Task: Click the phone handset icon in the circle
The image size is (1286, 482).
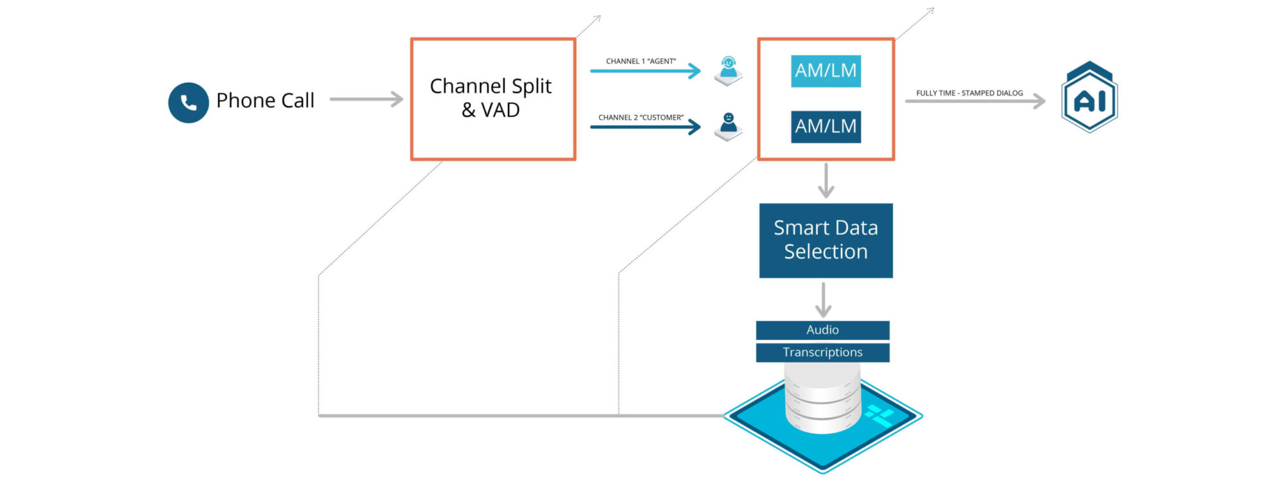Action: (188, 103)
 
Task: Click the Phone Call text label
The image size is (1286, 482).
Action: (265, 100)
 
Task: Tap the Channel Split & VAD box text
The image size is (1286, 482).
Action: (491, 98)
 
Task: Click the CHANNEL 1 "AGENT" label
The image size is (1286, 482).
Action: (640, 61)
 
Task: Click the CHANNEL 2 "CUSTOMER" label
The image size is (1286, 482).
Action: (640, 118)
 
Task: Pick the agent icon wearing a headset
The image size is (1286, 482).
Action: (728, 69)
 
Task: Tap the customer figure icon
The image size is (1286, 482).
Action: (728, 125)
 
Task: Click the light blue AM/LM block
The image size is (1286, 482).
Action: (826, 71)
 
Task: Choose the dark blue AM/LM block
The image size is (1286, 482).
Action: (826, 127)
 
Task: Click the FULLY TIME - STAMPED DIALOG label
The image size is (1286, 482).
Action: (969, 93)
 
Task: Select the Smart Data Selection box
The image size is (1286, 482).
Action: (826, 240)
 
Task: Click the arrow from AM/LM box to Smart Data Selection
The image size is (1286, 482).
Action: (826, 181)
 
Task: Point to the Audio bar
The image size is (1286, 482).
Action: (822, 330)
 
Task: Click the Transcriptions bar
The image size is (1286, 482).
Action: (822, 352)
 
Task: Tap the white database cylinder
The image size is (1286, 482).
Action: (822, 398)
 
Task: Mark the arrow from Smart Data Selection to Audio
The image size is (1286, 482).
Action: (823, 299)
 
